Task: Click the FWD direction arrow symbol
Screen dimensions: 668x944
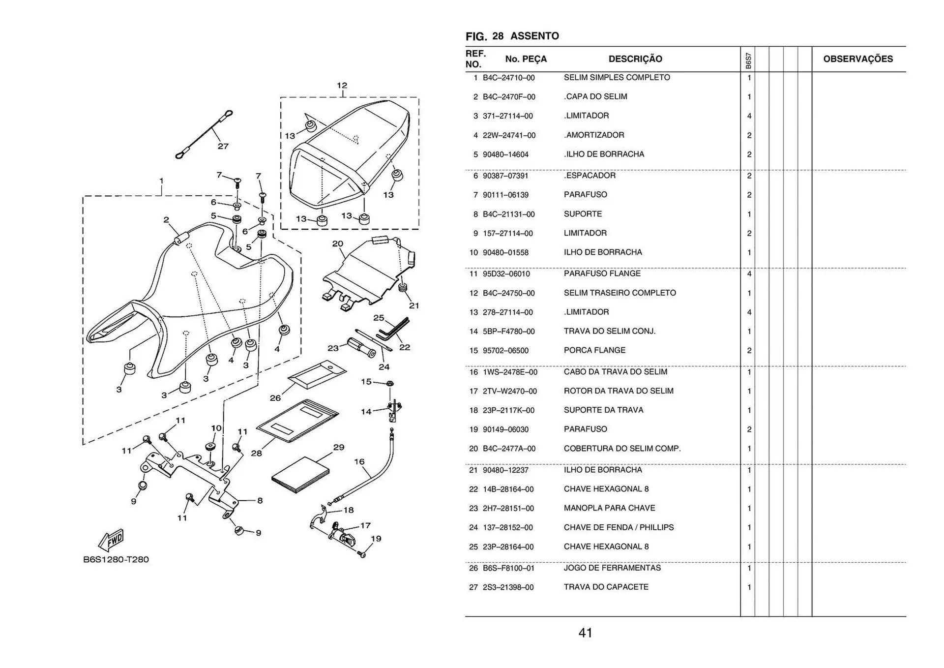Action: pyautogui.click(x=112, y=540)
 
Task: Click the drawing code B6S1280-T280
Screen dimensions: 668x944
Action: pyautogui.click(x=116, y=559)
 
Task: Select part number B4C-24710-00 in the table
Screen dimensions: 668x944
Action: pyautogui.click(x=508, y=78)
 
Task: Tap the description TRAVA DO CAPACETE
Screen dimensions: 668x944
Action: pyautogui.click(x=606, y=587)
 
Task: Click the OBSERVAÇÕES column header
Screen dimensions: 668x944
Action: pyautogui.click(x=857, y=59)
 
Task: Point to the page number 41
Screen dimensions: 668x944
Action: pyautogui.click(x=585, y=633)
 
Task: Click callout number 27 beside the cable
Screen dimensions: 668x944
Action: pyautogui.click(x=223, y=146)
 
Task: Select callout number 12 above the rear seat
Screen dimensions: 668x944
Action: pyautogui.click(x=342, y=86)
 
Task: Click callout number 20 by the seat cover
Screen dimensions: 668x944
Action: pyautogui.click(x=337, y=243)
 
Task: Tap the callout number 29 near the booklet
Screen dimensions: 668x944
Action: pyautogui.click(x=339, y=447)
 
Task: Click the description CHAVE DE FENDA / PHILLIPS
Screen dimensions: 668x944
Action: pyautogui.click(x=619, y=527)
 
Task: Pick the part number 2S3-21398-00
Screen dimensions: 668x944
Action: pyautogui.click(x=508, y=587)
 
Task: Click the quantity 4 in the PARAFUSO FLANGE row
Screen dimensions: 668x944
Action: pyautogui.click(x=749, y=274)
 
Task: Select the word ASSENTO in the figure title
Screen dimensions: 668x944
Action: pyautogui.click(x=534, y=36)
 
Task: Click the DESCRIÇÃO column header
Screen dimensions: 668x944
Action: pyautogui.click(x=635, y=59)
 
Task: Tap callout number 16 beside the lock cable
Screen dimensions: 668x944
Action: pyautogui.click(x=359, y=461)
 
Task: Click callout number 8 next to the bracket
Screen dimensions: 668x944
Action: pyautogui.click(x=260, y=500)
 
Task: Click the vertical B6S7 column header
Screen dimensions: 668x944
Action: pyautogui.click(x=748, y=61)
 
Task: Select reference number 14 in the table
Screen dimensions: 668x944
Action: pyautogui.click(x=473, y=332)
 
